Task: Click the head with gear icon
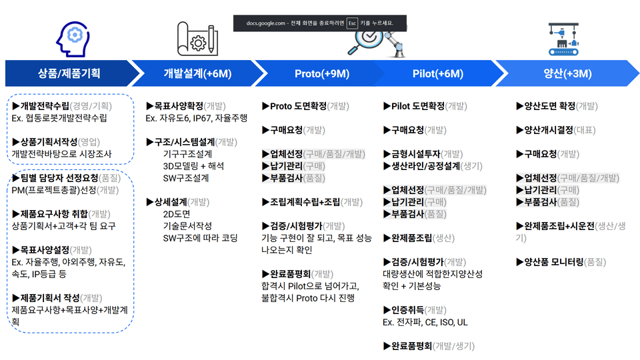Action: tap(73, 39)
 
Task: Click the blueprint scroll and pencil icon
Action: tap(197, 39)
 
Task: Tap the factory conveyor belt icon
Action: tap(564, 39)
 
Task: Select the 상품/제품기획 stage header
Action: tap(69, 73)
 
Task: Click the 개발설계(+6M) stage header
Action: tap(197, 73)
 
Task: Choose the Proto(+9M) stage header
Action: tap(322, 73)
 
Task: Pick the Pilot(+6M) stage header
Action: tap(438, 73)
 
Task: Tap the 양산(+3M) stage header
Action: tap(567, 73)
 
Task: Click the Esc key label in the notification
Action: tap(352, 23)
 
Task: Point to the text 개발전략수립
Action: tap(45, 106)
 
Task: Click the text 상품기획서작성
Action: tap(49, 142)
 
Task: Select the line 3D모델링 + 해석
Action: tap(193, 166)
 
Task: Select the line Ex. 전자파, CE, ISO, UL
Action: tap(425, 323)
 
